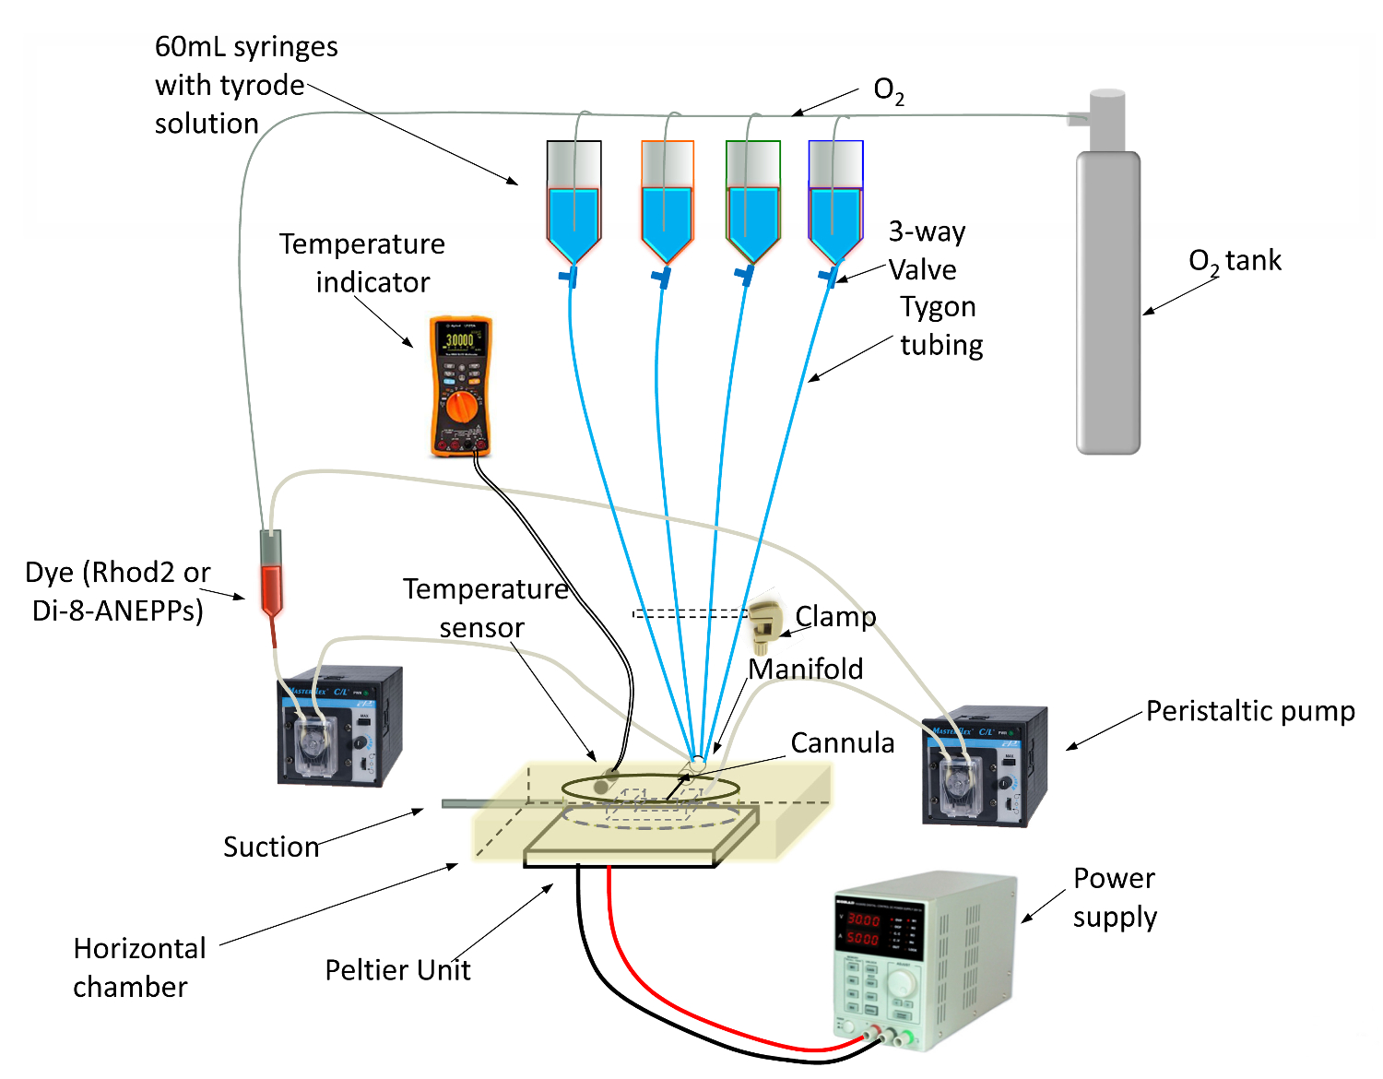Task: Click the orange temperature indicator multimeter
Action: click(461, 387)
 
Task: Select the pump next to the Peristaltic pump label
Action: click(985, 766)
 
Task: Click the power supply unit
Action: click(922, 959)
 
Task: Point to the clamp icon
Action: click(764, 622)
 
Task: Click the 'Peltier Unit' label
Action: click(397, 970)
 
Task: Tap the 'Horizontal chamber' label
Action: click(139, 967)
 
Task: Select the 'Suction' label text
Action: click(271, 847)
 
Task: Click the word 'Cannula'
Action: click(842, 743)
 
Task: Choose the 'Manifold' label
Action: click(806, 669)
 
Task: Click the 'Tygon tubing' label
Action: click(940, 326)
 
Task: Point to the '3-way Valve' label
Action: click(926, 250)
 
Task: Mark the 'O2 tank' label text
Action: click(1235, 261)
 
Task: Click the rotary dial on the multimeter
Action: click(460, 407)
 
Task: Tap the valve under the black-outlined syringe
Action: click(569, 275)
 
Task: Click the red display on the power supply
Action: click(864, 929)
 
